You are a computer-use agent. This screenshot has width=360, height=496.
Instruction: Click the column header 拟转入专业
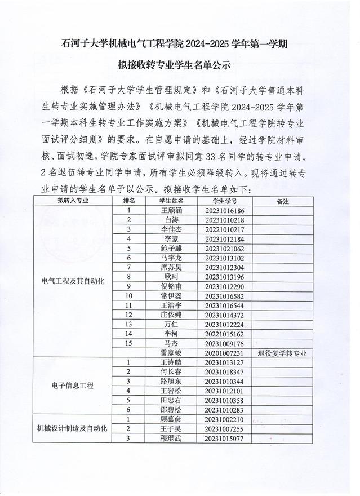coord(73,201)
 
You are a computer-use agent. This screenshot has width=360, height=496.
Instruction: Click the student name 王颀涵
coord(172,210)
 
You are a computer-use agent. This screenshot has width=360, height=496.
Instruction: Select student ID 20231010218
coord(225,220)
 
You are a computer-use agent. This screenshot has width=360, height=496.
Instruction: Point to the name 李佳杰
coord(172,229)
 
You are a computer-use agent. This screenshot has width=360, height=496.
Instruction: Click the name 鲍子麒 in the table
coord(172,249)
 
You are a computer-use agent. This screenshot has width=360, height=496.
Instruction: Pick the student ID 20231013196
coord(225,277)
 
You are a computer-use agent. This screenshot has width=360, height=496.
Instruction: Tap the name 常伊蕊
coord(172,296)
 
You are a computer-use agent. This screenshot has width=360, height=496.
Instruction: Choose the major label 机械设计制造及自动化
coord(73,429)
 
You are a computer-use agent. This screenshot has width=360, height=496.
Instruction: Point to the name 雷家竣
coord(172,353)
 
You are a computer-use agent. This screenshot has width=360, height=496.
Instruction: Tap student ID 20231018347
coord(225,373)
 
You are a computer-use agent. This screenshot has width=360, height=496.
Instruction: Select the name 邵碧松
coord(172,410)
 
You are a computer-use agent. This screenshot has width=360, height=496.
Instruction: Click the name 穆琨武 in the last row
coord(172,439)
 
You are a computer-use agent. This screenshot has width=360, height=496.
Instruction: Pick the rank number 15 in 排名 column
coord(129,343)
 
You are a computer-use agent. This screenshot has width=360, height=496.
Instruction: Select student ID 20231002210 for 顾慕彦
coord(225,420)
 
